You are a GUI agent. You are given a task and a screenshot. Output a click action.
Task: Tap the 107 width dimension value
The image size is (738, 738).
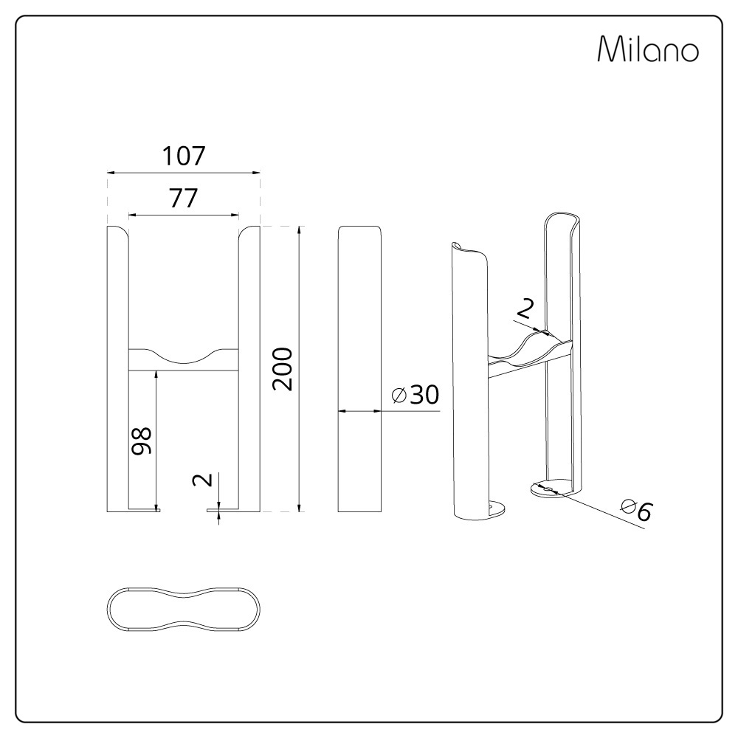(x=183, y=156)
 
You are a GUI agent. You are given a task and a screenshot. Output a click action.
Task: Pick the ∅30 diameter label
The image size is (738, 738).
(x=415, y=396)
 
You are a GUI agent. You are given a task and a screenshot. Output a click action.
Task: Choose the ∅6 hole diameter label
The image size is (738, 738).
(x=636, y=508)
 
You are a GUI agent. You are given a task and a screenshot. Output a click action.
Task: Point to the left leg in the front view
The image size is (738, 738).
(x=118, y=369)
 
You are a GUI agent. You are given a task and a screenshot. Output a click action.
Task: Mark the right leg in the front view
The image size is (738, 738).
(x=249, y=369)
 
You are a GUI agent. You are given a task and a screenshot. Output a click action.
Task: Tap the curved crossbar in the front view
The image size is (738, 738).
(x=184, y=359)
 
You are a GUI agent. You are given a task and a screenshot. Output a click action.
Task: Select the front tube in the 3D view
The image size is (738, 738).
(x=469, y=384)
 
